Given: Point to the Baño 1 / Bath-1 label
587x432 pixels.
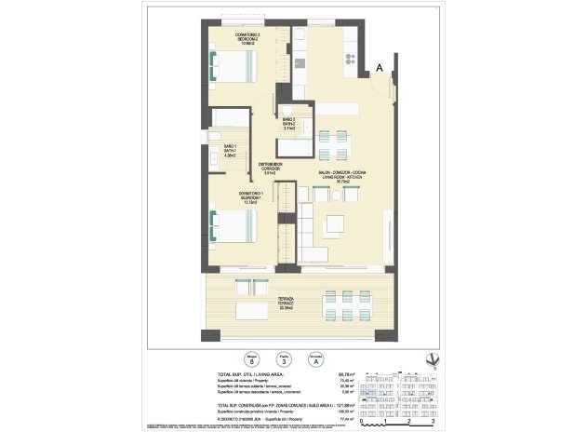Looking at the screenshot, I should [x=230, y=151].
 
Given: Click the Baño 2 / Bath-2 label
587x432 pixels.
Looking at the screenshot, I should [x=289, y=123].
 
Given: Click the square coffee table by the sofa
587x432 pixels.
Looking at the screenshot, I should [x=333, y=223].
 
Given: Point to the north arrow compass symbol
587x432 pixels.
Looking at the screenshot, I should [x=428, y=359].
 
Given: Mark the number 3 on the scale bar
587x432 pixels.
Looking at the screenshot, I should [x=433, y=422].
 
